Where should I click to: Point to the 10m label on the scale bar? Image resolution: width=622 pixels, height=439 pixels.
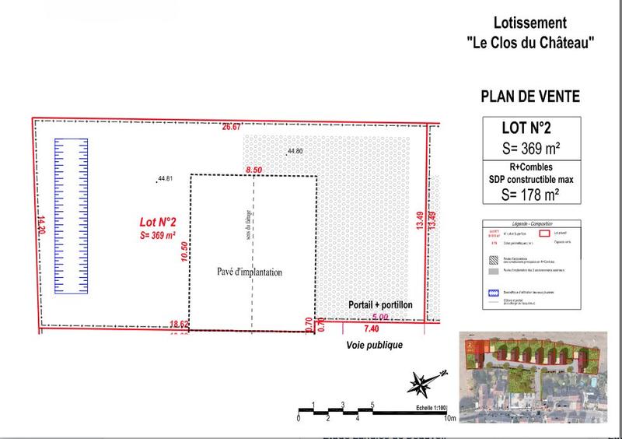449,418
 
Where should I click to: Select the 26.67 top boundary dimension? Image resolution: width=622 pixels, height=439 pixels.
232,126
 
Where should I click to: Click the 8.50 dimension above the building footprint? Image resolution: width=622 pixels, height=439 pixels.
253,169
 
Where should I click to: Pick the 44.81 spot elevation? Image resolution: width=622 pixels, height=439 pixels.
164,179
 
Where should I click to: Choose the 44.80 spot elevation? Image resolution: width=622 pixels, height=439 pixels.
295,150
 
